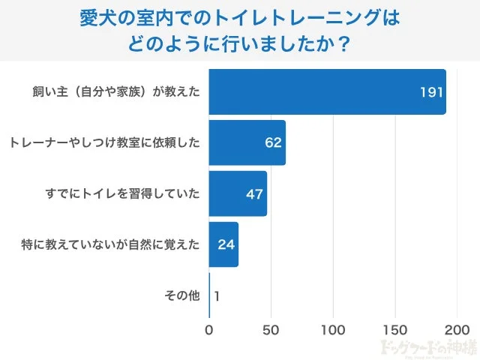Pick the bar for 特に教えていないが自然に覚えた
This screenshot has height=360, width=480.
pyautogui.click(x=223, y=244)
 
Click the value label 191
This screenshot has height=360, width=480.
pyautogui.click(x=432, y=92)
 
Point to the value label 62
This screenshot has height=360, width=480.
pyautogui.click(x=272, y=142)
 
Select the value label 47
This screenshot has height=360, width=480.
pyautogui.click(x=253, y=193)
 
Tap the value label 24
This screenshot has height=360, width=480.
pyautogui.click(x=226, y=244)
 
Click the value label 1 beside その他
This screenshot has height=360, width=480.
pyautogui.click(x=217, y=295)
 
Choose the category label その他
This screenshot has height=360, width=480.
pyautogui.click(x=182, y=295)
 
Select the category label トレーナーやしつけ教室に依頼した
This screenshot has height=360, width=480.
pyautogui.click(x=105, y=142)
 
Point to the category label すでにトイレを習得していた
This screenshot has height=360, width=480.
pyautogui.click(x=123, y=193)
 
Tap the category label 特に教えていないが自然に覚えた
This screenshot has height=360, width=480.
pyautogui.click(x=110, y=244)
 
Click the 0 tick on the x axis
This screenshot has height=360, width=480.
pyautogui.click(x=209, y=329)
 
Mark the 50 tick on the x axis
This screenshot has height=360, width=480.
pyautogui.click(x=271, y=329)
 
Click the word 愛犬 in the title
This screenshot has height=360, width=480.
pyautogui.click(x=95, y=18)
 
